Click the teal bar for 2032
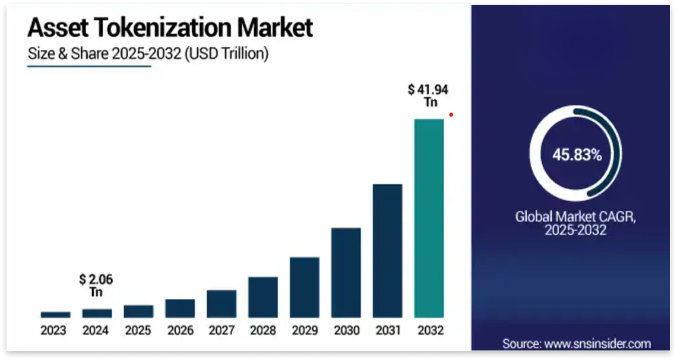(429, 218)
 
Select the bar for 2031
(387, 251)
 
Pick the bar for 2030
(346, 273)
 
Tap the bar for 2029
(304, 288)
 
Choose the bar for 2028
(262, 297)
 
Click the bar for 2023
(55, 314)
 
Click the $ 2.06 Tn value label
(96, 286)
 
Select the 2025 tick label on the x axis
(138, 331)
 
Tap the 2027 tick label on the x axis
(221, 331)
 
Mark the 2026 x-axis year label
(179, 331)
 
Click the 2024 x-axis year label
(96, 331)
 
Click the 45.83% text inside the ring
(577, 156)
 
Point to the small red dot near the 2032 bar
(451, 115)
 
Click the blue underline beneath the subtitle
(89, 66)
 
